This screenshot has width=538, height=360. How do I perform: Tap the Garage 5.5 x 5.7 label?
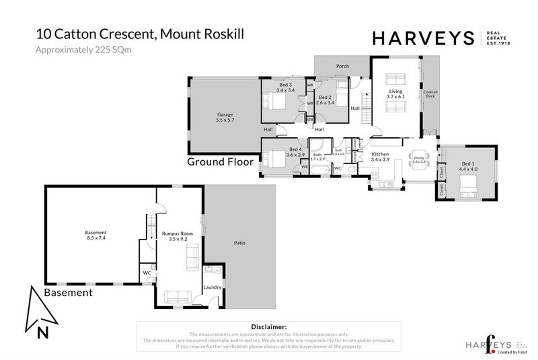pos(225,117)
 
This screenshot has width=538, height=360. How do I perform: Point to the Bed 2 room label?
pos(325,100)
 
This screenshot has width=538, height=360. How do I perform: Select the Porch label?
pos(342,67)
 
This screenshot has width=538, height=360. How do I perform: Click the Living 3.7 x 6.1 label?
pos(395,94)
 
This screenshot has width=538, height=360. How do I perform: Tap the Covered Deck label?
pos(430,94)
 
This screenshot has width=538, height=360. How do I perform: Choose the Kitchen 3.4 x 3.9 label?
pos(381,157)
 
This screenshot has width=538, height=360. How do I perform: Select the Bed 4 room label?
pos(295,152)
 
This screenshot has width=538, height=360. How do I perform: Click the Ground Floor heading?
pos(220,162)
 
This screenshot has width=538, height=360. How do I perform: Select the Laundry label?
pos(212,287)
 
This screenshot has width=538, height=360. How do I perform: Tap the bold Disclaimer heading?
pos(268,326)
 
